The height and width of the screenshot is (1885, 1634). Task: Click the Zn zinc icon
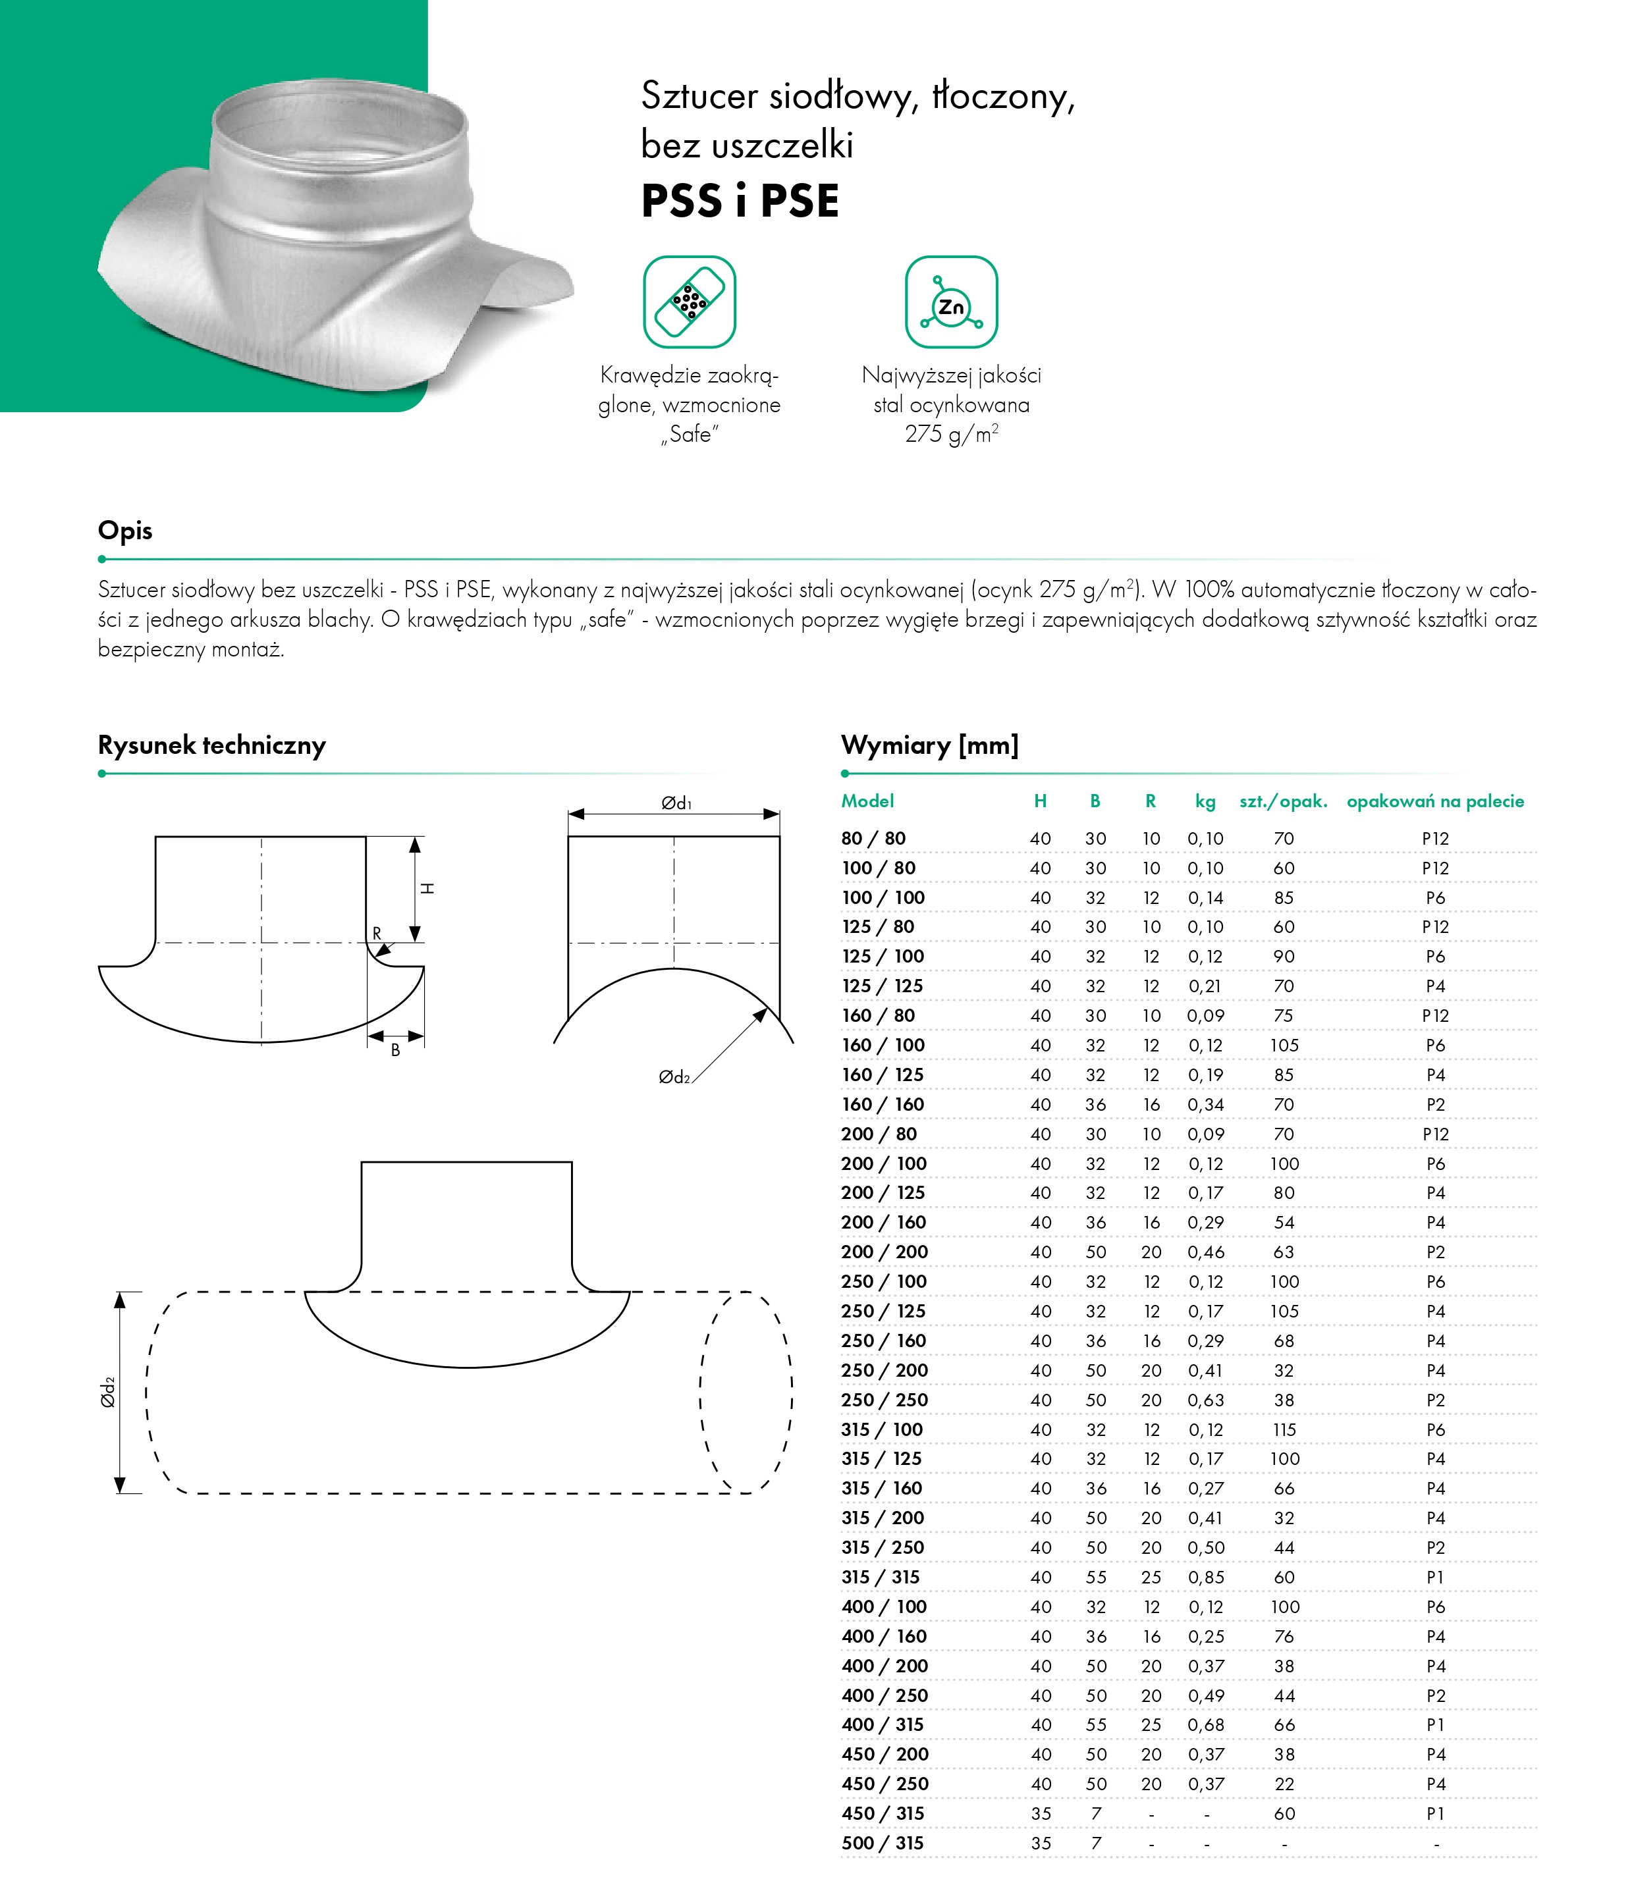point(951,302)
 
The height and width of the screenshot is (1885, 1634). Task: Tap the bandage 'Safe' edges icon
point(690,302)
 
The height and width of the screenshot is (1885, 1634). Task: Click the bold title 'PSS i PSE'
point(740,201)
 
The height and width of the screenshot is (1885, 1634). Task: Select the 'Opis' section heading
point(125,531)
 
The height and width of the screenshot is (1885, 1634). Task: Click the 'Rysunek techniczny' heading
point(211,745)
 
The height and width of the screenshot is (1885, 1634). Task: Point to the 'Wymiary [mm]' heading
point(929,745)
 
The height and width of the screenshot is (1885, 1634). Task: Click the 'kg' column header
point(1205,801)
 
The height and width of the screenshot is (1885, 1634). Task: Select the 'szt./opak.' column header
point(1283,801)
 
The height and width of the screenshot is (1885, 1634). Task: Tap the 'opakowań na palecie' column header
point(1435,801)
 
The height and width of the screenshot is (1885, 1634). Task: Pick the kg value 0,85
point(1205,1577)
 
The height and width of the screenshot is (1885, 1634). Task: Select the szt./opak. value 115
point(1284,1429)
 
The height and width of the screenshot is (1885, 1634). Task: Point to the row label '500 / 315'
point(883,1843)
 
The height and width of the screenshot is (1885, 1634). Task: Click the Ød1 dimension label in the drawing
point(676,803)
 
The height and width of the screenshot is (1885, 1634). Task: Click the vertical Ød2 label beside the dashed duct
point(107,1392)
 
